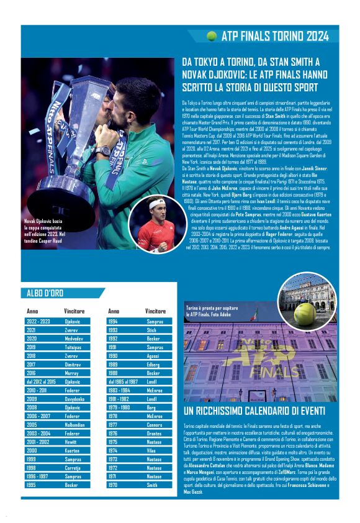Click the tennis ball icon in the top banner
(212, 36)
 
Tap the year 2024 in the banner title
(314, 36)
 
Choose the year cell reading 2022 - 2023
(39, 322)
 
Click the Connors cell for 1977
(155, 424)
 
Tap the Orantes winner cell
(155, 432)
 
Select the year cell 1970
(114, 483)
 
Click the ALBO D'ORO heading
(45, 293)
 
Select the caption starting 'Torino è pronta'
(212, 311)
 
